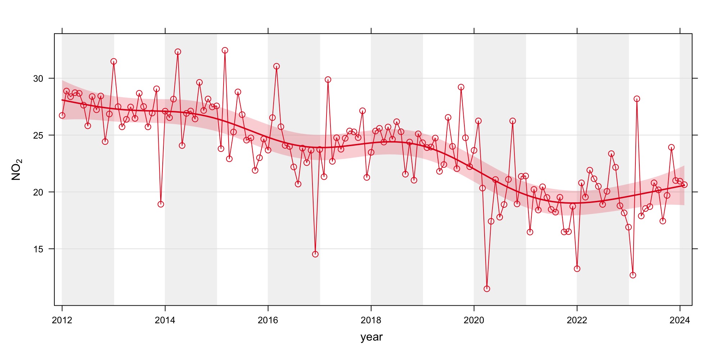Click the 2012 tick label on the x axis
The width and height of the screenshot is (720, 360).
(62, 320)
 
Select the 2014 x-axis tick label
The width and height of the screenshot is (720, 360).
(165, 320)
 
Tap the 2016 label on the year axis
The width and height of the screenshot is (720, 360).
(268, 320)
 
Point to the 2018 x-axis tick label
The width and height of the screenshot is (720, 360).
(371, 320)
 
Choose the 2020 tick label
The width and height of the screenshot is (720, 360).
(474, 320)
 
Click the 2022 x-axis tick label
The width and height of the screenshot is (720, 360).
(577, 320)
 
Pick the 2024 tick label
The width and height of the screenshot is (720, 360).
(680, 320)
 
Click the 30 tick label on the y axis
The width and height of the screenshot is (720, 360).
(38, 78)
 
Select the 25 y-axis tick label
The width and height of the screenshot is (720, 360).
(38, 135)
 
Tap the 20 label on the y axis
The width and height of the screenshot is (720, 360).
(38, 192)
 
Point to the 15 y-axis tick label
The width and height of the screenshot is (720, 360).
(38, 249)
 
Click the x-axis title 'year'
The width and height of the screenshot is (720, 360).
(372, 337)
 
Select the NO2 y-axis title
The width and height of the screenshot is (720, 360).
(17, 170)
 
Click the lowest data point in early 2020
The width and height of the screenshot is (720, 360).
(487, 289)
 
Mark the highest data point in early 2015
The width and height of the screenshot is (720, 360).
(225, 50)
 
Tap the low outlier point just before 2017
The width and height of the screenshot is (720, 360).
(315, 254)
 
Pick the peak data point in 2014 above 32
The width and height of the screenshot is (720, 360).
(178, 52)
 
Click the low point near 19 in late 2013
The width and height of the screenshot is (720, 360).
(161, 204)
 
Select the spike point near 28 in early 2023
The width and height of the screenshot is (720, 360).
(637, 99)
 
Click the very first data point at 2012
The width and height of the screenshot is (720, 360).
(62, 116)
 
